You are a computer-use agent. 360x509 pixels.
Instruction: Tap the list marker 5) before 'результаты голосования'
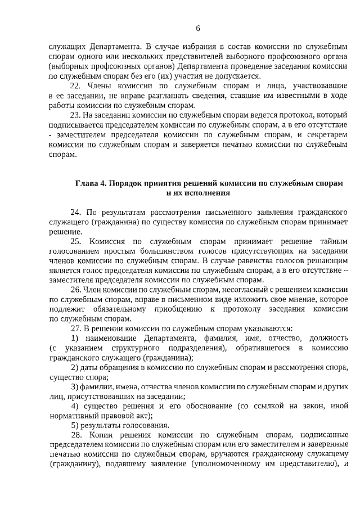tap(75, 425)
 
